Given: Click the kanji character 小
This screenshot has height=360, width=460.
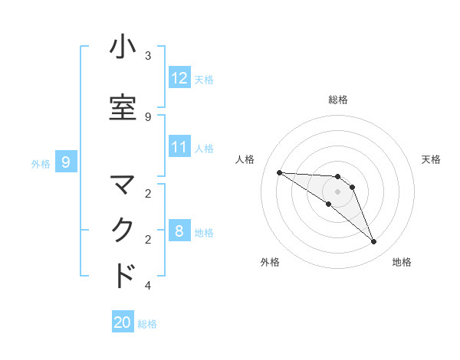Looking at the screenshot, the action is [123, 47].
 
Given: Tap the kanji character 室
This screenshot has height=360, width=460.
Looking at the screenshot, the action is [123, 108].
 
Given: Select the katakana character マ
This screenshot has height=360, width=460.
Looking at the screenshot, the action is [123, 185].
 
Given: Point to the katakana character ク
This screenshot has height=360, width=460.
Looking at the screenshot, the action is [123, 231].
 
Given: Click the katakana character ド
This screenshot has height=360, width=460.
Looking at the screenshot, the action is [123, 276].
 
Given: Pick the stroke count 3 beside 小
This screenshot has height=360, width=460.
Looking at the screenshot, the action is [148, 56].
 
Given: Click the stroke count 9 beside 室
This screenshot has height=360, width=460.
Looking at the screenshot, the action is [148, 116].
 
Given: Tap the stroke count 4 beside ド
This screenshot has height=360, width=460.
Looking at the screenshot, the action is [148, 286].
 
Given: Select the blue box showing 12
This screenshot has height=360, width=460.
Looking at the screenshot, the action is [179, 78].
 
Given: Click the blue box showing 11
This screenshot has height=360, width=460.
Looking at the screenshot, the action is [179, 147].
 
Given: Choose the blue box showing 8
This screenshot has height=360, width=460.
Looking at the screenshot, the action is [179, 231].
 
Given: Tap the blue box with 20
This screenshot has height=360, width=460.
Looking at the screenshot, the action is [123, 322].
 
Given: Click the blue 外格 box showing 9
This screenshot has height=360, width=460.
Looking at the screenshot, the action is [66, 162].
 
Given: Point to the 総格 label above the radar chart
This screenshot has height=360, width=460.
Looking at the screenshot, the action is [338, 100].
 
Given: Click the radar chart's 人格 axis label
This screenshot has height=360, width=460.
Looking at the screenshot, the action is [245, 159].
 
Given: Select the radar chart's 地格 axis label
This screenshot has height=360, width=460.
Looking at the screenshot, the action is [402, 262].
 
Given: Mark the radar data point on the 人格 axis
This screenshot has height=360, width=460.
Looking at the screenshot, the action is [279, 172].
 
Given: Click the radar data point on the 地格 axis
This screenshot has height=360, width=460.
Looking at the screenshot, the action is [373, 242].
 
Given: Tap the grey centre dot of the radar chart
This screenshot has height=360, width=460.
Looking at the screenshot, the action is [338, 191].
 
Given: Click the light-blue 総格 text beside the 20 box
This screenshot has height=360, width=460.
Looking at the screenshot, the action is [147, 324].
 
